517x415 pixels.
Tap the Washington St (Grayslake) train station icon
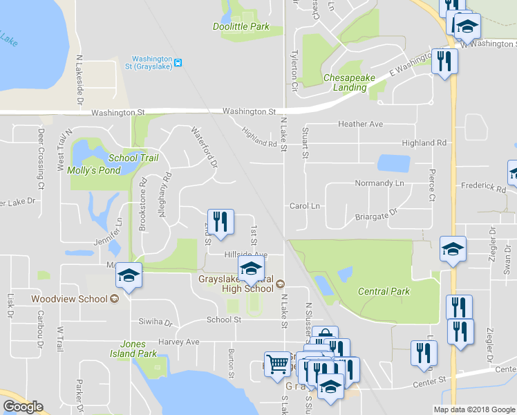178,63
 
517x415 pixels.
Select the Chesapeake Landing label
349,83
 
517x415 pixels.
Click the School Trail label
133,158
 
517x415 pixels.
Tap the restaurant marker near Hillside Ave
220,222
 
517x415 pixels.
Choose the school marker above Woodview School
129,276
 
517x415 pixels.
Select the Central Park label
384,291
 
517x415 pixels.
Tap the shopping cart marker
277,364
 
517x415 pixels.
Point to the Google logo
23,407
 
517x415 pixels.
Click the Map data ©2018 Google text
473,409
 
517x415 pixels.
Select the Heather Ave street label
360,124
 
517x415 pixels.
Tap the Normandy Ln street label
379,183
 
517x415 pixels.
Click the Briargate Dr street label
377,216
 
